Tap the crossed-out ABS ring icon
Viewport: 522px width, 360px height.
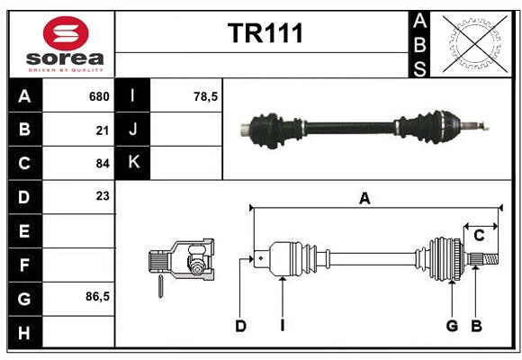point(473,44)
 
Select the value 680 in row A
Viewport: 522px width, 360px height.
point(99,96)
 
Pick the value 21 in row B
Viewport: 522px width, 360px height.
point(103,130)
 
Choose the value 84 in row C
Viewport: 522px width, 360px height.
point(103,163)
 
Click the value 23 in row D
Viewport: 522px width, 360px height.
point(103,195)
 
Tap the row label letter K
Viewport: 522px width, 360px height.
point(134,163)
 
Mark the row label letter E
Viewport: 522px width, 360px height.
point(24,231)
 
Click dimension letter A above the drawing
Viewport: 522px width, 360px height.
point(364,199)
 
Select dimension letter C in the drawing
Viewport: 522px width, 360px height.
point(479,235)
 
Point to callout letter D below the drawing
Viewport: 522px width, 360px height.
point(240,326)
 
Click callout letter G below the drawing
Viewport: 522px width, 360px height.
point(452,326)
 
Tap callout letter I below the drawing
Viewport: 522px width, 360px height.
point(282,326)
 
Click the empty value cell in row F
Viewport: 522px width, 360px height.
point(79,265)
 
